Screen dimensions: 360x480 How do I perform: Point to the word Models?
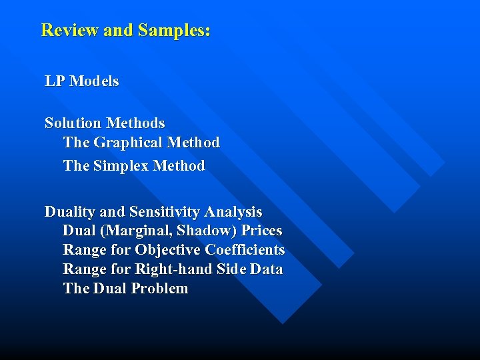tap(94, 81)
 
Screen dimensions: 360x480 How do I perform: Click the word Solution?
tap(73, 123)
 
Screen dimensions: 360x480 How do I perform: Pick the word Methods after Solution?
tap(135, 123)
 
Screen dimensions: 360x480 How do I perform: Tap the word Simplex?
tap(123, 165)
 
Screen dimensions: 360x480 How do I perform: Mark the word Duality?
tap(69, 212)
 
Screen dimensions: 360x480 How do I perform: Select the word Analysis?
tap(233, 212)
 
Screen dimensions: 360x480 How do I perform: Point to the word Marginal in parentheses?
tap(135, 231)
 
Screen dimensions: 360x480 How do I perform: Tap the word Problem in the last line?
tap(159, 289)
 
